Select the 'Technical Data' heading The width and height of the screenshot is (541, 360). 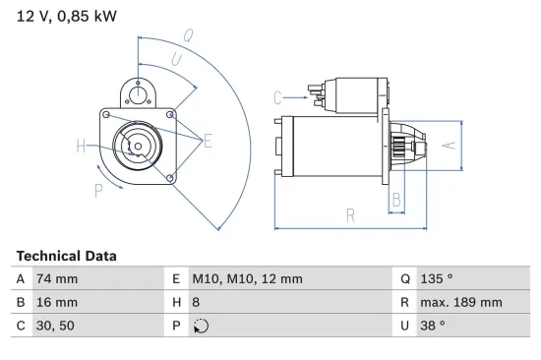point(66,256)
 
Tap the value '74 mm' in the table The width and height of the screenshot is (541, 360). point(56,279)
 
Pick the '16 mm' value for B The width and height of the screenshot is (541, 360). point(56,304)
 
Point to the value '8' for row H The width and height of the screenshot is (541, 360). point(195,304)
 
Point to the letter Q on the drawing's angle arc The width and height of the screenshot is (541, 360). point(187,34)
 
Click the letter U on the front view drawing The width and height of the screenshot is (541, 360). point(176,60)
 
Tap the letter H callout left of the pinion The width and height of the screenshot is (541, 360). point(82,147)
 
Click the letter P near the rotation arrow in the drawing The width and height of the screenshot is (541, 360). point(98,191)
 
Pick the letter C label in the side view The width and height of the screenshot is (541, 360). point(278,96)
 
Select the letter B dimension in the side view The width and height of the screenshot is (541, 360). point(396,200)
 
